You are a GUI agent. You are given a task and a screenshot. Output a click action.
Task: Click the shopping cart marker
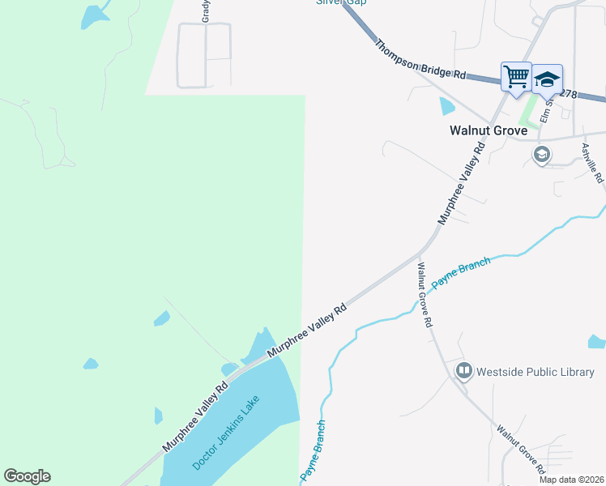516,77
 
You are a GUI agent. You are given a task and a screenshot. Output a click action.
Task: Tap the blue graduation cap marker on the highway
548,79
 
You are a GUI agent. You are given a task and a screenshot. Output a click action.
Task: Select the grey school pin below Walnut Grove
542,155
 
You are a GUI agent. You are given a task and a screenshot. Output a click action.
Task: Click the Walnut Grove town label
489,130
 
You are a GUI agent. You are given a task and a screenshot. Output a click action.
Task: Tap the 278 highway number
568,94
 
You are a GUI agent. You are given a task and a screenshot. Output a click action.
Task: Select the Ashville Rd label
591,163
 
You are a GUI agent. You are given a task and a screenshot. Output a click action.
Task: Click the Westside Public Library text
536,372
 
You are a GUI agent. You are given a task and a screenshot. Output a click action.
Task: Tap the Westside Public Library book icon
464,372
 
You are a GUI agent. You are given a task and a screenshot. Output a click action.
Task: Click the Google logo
27,476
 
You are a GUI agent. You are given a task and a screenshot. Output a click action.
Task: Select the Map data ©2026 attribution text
571,480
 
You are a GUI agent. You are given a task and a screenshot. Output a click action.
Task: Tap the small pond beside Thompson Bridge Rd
446,105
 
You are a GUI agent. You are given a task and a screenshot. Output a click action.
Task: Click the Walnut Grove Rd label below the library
519,448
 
